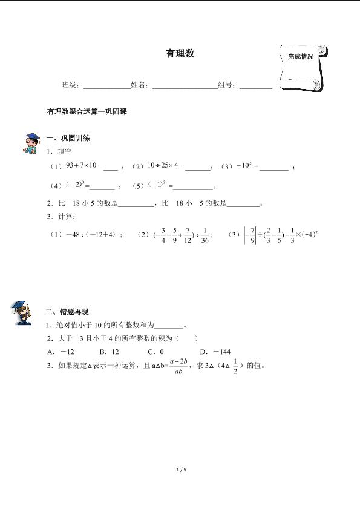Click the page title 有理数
point(180,54)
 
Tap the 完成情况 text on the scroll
point(301,56)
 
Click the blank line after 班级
point(106,88)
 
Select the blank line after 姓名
point(184,88)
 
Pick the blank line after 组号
point(256,88)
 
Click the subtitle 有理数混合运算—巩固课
point(85,112)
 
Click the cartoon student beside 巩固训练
point(30,142)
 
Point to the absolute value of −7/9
point(248,234)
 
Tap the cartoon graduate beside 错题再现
point(22,312)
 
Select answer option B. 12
point(109,352)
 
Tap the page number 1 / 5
point(180,469)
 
